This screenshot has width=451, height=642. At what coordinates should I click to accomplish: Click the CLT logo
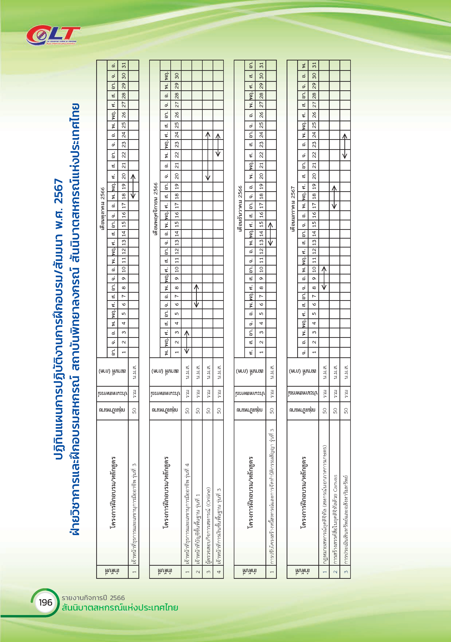pyautogui.click(x=53, y=36)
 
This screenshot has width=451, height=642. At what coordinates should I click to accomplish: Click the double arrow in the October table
pyautogui.click(x=133, y=186)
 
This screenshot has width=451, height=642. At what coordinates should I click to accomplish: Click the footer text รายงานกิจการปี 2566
pyautogui.click(x=93, y=598)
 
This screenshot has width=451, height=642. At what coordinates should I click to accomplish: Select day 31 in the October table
pyautogui.click(x=124, y=65)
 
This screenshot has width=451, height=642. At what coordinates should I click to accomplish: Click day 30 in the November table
pyautogui.click(x=177, y=76)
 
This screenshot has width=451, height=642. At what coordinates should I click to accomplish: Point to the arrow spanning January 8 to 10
pyautogui.click(x=324, y=278)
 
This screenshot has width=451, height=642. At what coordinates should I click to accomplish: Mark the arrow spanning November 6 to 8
pyautogui.click(x=197, y=296)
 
